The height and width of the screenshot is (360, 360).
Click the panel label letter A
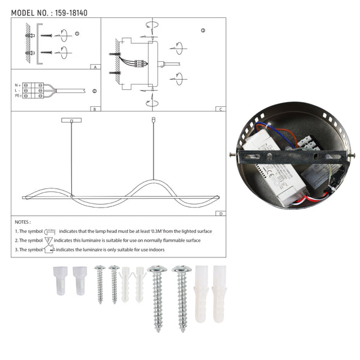tap(95, 67)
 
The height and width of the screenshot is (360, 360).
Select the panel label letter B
tap(95, 109)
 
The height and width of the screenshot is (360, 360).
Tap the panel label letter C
tap(221, 109)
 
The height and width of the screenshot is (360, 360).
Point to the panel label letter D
tap(221, 213)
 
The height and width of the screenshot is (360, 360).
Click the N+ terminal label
tap(18, 85)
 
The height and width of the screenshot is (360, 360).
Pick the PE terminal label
tap(18, 96)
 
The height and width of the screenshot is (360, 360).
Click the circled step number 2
tap(94, 91)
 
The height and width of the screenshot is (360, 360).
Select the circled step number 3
tap(203, 30)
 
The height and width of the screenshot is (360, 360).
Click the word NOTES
tap(23, 222)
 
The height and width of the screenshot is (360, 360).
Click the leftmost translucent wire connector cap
tap(61, 280)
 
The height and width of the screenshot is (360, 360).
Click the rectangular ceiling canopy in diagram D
tap(71, 121)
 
